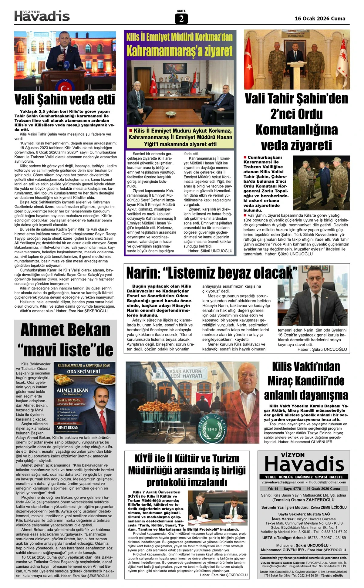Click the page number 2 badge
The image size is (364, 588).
coord(181,19)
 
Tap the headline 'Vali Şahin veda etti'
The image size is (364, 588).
coord(65,100)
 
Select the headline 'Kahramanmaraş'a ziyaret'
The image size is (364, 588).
coord(180,51)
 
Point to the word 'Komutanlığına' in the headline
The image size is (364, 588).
coord(296,130)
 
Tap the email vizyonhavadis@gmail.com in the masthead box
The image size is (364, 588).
coord(283,482)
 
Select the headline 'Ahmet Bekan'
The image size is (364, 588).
coord(65,330)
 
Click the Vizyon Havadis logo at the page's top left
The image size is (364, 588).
coord(42,16)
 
